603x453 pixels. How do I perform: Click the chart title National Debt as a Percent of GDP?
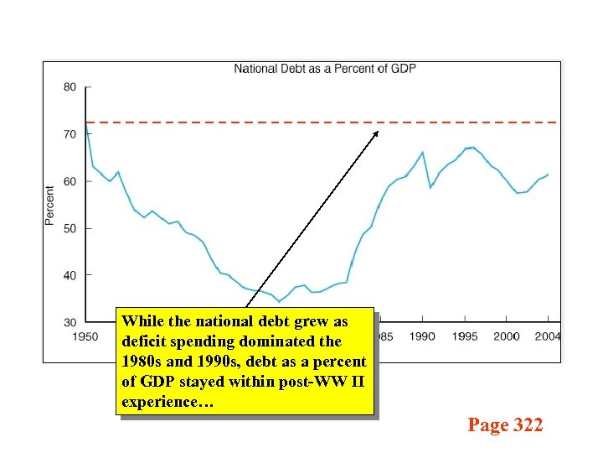[x=324, y=68]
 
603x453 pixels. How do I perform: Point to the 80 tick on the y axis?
[x=70, y=87]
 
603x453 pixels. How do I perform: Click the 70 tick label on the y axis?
[x=70, y=134]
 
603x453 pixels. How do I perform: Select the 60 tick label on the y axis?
[x=70, y=181]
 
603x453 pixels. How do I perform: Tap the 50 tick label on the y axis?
[x=70, y=228]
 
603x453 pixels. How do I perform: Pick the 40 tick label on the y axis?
[x=70, y=275]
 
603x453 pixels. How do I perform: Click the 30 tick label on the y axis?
[x=70, y=322]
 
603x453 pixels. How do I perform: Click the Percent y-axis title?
[x=49, y=205]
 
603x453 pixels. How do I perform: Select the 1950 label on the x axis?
[x=85, y=336]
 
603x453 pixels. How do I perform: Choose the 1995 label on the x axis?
[x=464, y=336]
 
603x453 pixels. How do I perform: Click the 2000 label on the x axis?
[x=506, y=336]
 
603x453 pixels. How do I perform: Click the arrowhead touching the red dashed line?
[x=376, y=133]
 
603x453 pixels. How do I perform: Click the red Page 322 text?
[x=505, y=425]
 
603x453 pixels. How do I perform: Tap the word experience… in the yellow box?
[x=167, y=403]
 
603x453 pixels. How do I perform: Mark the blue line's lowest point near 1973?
[x=280, y=301]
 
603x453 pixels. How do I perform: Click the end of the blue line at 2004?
[x=548, y=174]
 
